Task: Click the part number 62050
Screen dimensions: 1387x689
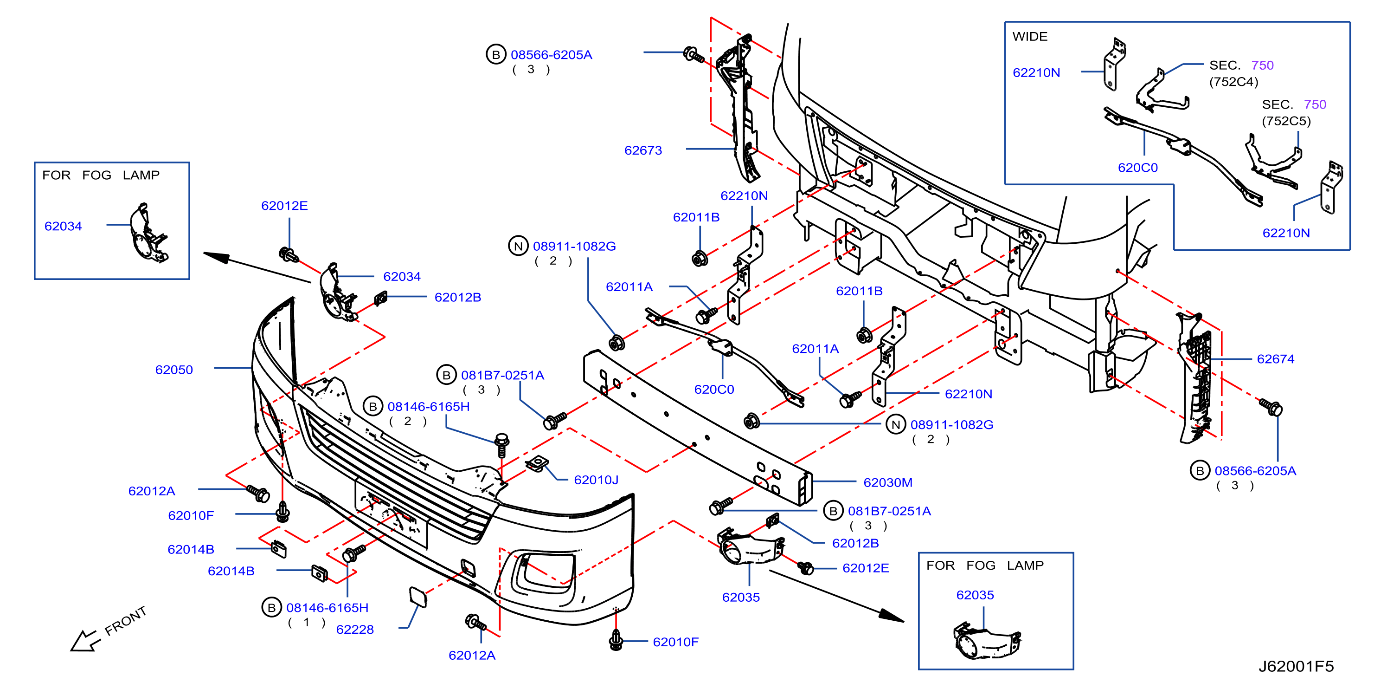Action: (174, 370)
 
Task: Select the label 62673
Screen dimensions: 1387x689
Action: (643, 150)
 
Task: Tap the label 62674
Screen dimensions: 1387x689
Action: (1276, 359)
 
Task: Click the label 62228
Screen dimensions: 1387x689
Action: (355, 629)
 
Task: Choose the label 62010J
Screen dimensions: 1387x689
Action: (596, 480)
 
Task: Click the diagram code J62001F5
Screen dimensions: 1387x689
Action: (1296, 666)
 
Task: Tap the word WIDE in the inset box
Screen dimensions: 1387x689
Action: (1030, 37)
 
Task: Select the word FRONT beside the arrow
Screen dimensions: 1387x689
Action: (125, 621)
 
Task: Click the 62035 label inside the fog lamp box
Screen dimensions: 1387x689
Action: (975, 595)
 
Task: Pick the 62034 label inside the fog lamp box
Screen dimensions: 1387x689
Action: (63, 226)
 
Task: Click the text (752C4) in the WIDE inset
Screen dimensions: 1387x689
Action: (1233, 82)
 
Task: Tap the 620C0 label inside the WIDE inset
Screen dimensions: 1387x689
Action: (1138, 168)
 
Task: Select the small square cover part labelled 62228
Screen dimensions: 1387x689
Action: (418, 598)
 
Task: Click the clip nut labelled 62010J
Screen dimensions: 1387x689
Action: (537, 463)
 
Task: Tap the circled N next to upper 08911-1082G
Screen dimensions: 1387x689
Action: (519, 246)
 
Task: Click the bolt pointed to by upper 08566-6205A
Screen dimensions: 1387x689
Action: (693, 54)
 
